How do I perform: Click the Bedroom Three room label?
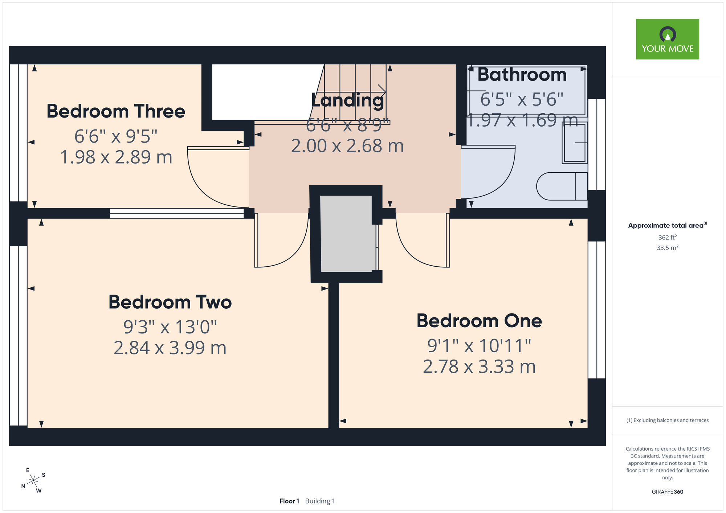click(116, 111)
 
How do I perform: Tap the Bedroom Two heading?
click(170, 302)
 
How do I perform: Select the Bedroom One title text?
click(479, 321)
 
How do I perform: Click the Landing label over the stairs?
click(347, 100)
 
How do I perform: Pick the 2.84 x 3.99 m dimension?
click(170, 348)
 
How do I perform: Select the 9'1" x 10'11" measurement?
click(479, 345)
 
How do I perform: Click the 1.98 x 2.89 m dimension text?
click(116, 157)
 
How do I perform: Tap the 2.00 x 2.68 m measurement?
click(347, 146)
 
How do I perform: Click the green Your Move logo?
click(667, 39)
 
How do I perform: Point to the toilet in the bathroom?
click(562, 186)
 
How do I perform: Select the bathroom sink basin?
click(575, 143)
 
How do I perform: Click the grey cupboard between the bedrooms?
click(346, 234)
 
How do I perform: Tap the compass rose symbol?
click(33, 481)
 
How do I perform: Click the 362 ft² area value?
click(667, 237)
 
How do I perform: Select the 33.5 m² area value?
click(667, 248)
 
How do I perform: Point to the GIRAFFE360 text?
click(667, 492)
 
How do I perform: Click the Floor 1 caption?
click(289, 501)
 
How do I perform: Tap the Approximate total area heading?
click(667, 225)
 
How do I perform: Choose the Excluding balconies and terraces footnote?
click(667, 420)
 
